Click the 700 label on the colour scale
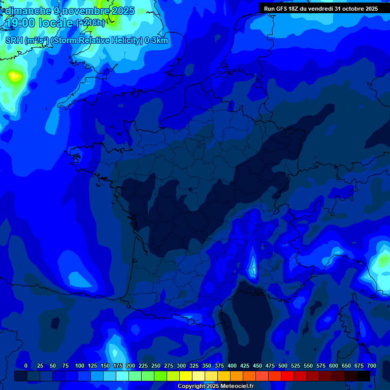coord(372,366)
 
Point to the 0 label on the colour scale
coord(26,366)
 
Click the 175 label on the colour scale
coord(118,366)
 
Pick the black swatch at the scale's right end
coord(363,376)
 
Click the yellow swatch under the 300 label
coord(185,376)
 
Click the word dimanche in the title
coord(27,11)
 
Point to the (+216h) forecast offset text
coord(90,23)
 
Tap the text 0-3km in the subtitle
coord(156,41)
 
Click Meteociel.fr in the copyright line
coord(233,386)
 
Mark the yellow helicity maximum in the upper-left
coord(14,77)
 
